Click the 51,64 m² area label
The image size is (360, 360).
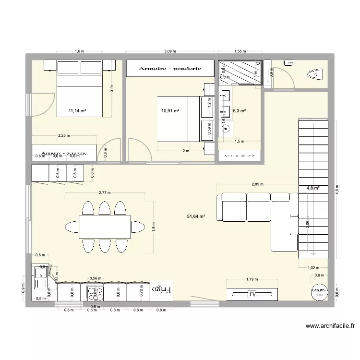click(x=196, y=216)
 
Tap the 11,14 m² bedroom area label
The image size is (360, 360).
click(x=77, y=111)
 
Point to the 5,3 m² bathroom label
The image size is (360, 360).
click(x=239, y=111)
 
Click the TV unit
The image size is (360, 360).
click(x=252, y=294)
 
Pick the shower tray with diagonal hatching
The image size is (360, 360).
click(x=239, y=72)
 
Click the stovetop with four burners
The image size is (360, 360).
click(x=95, y=291)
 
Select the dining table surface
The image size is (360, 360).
click(x=105, y=227)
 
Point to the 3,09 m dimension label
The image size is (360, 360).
click(x=169, y=51)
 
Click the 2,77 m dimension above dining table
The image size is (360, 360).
click(x=104, y=192)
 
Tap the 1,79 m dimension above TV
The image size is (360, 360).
click(x=252, y=279)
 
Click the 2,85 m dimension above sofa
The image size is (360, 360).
click(x=257, y=184)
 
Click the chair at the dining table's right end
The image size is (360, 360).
click(x=138, y=227)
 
